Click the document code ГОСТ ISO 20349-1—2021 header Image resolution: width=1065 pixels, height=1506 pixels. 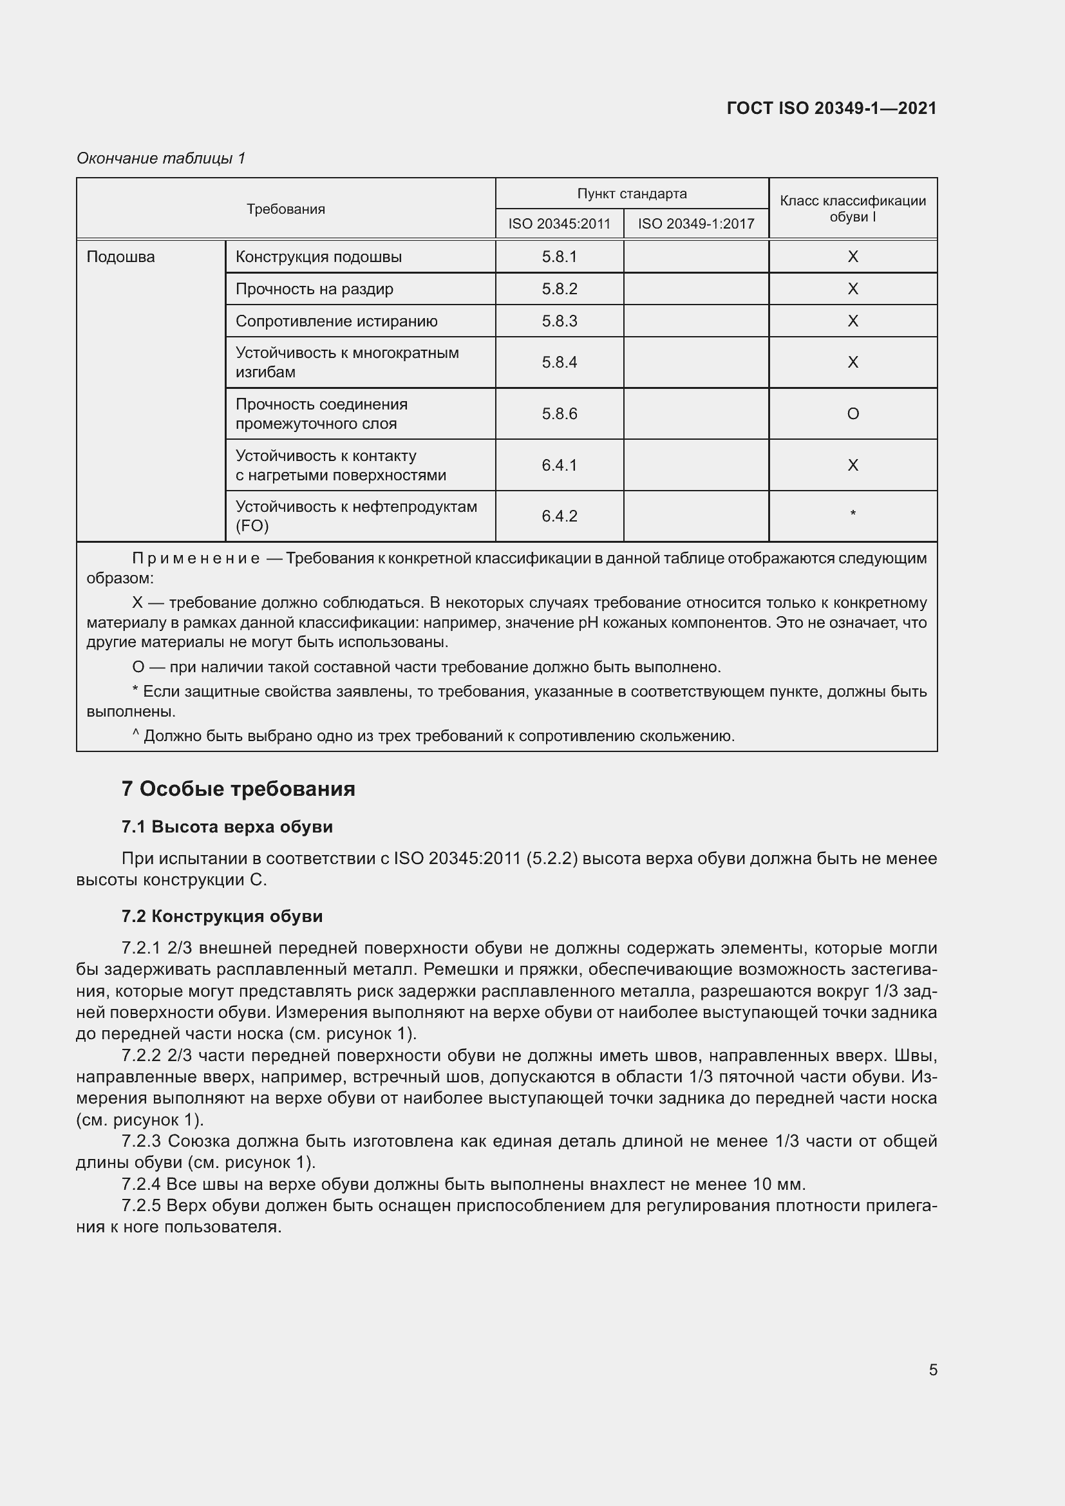pos(831,108)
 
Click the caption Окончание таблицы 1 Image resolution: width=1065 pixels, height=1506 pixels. pos(161,158)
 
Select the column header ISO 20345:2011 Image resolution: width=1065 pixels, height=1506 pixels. pos(559,223)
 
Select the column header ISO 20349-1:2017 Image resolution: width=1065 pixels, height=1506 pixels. pos(696,223)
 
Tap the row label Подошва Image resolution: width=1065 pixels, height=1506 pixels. pos(120,257)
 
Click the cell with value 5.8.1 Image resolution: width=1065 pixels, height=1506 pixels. pos(560,257)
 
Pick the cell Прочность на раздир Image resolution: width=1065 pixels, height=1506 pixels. pos(314,289)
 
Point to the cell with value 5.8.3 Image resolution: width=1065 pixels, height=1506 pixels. pos(560,321)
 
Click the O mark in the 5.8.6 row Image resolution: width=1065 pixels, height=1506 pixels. pos(853,414)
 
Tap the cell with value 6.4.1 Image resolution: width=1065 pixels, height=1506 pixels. pos(560,465)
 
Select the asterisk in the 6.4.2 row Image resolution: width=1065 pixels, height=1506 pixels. pos(853,514)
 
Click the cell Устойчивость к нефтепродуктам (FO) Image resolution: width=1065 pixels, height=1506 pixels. pos(356,516)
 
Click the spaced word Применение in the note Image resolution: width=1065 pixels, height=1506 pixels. pos(196,559)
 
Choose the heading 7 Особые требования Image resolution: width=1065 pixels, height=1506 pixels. pos(238,789)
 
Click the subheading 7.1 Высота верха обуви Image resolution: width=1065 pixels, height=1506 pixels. pos(227,827)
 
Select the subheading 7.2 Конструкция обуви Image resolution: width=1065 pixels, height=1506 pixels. pos(221,916)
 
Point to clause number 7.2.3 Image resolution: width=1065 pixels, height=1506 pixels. pos(142,1141)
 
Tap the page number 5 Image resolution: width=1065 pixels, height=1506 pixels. pos(932,1370)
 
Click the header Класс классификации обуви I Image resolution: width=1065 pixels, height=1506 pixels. pos(853,209)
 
